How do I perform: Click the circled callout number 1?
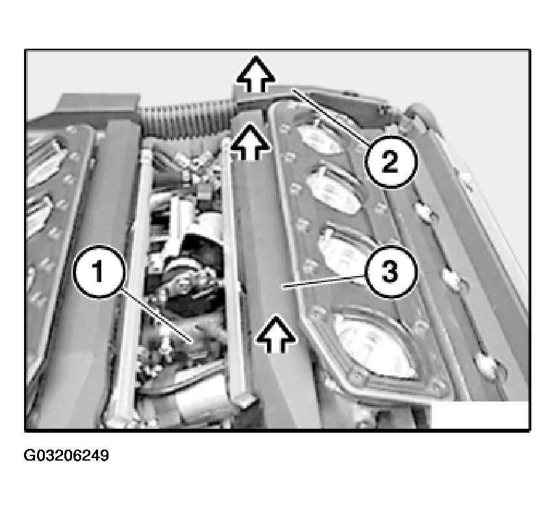(99, 271)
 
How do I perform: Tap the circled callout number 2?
(390, 162)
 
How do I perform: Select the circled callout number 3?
(390, 272)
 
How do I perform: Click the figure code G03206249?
(66, 455)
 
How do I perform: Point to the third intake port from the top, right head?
(346, 250)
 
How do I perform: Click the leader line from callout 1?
(156, 316)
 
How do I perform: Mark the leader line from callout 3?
(323, 282)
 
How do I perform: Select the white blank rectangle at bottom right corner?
(479, 414)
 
